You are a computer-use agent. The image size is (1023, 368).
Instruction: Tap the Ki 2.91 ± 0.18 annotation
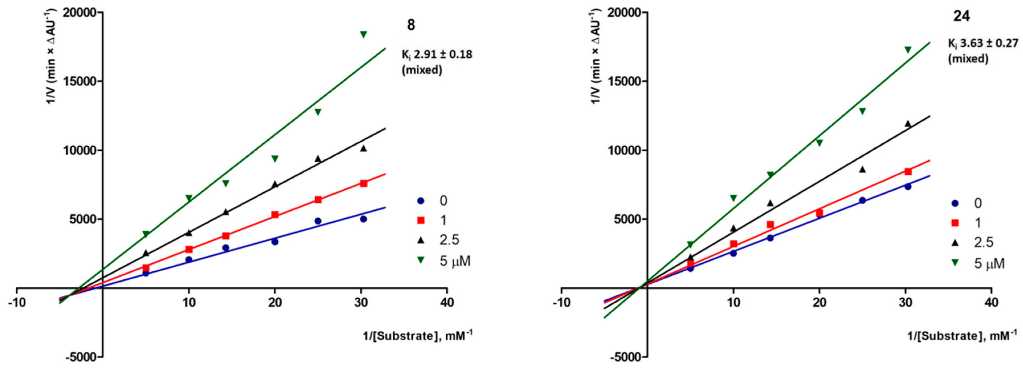coord(437,54)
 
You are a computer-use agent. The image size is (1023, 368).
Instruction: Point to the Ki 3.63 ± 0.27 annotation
coord(985,43)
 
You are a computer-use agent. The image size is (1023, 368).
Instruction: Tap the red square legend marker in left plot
coord(421,220)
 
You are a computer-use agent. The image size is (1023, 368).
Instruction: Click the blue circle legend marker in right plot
coord(955,204)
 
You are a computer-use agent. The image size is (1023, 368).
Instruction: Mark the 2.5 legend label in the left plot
coord(449,240)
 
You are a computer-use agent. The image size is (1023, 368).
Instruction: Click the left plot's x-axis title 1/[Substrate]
coord(417,336)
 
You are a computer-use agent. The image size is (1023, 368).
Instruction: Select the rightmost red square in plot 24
coord(908,172)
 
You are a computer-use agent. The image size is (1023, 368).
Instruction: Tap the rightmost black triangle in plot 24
coord(908,124)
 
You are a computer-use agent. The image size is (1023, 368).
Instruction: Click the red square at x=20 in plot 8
coord(275,215)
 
